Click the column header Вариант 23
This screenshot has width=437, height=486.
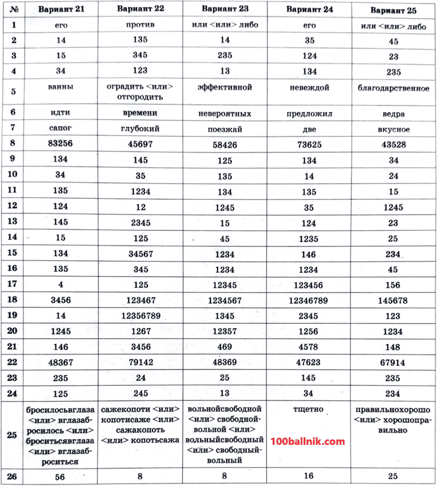(x=224, y=9)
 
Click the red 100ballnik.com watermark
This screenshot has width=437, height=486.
(x=308, y=442)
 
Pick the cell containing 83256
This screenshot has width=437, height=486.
(x=60, y=144)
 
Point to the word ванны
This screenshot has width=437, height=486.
(x=60, y=87)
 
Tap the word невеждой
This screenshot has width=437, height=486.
(x=309, y=88)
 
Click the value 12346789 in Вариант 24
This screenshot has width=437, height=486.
(x=308, y=300)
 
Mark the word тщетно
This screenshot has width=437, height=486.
(x=308, y=409)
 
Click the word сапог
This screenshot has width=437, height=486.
(x=60, y=128)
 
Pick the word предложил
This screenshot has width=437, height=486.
(x=309, y=113)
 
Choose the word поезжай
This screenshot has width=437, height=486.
(x=224, y=129)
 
